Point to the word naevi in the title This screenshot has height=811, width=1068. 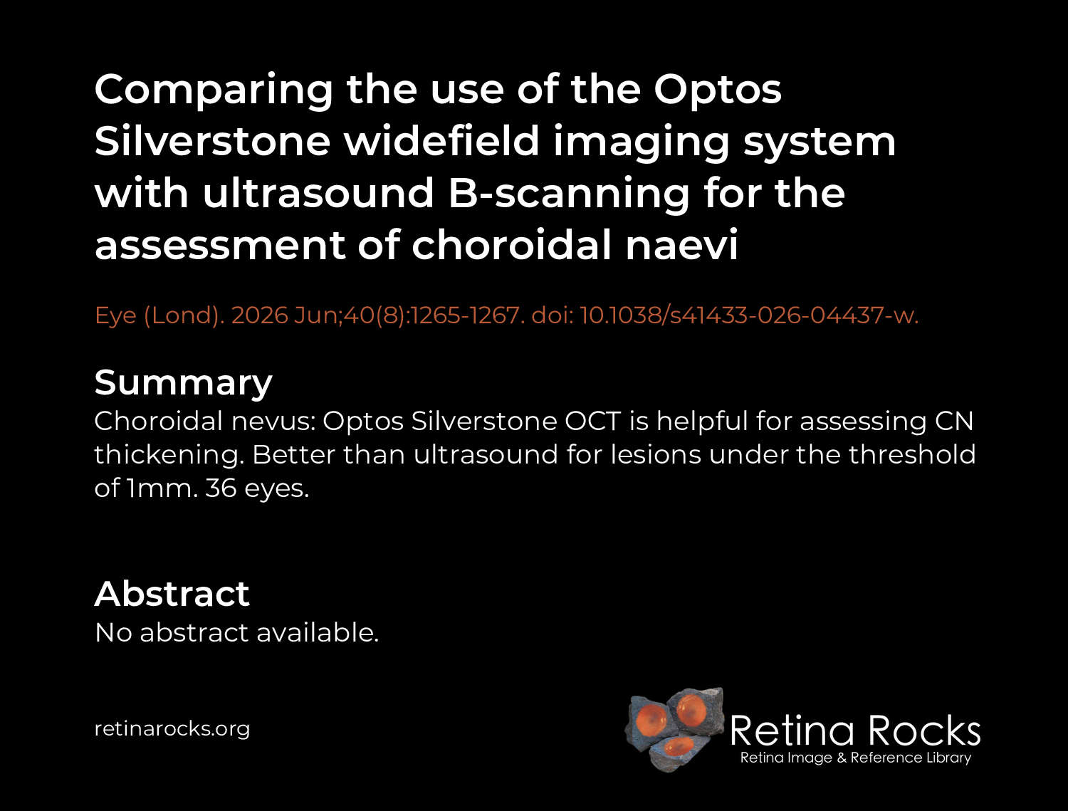coord(682,244)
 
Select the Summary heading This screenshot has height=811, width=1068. coord(184,383)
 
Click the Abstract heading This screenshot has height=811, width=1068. coord(172,594)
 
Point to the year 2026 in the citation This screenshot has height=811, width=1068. coord(260,315)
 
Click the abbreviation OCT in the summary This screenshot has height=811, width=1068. coord(592,421)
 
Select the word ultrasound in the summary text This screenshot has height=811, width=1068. coord(486,454)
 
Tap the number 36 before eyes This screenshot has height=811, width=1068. coord(221,488)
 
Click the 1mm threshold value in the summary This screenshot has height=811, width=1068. coord(162,488)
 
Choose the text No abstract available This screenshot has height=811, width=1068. coord(236,633)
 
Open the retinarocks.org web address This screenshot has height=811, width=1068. coord(172,729)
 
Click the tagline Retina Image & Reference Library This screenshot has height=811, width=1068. coord(856,758)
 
